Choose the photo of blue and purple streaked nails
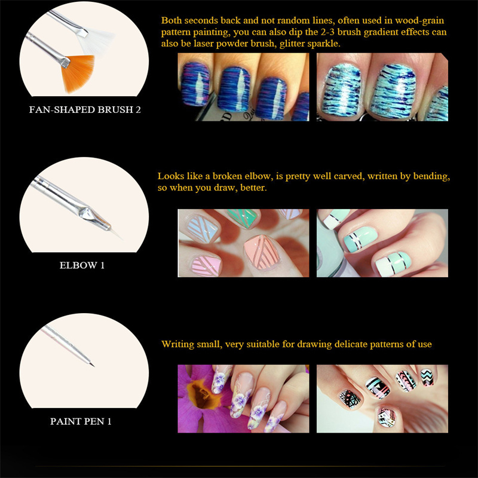click(243, 87)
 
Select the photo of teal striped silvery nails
click(382, 87)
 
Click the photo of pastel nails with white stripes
click(243, 243)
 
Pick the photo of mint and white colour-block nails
click(382, 243)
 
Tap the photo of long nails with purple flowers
click(243, 399)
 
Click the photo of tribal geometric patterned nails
click(382, 399)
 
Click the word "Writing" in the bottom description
click(177, 344)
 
